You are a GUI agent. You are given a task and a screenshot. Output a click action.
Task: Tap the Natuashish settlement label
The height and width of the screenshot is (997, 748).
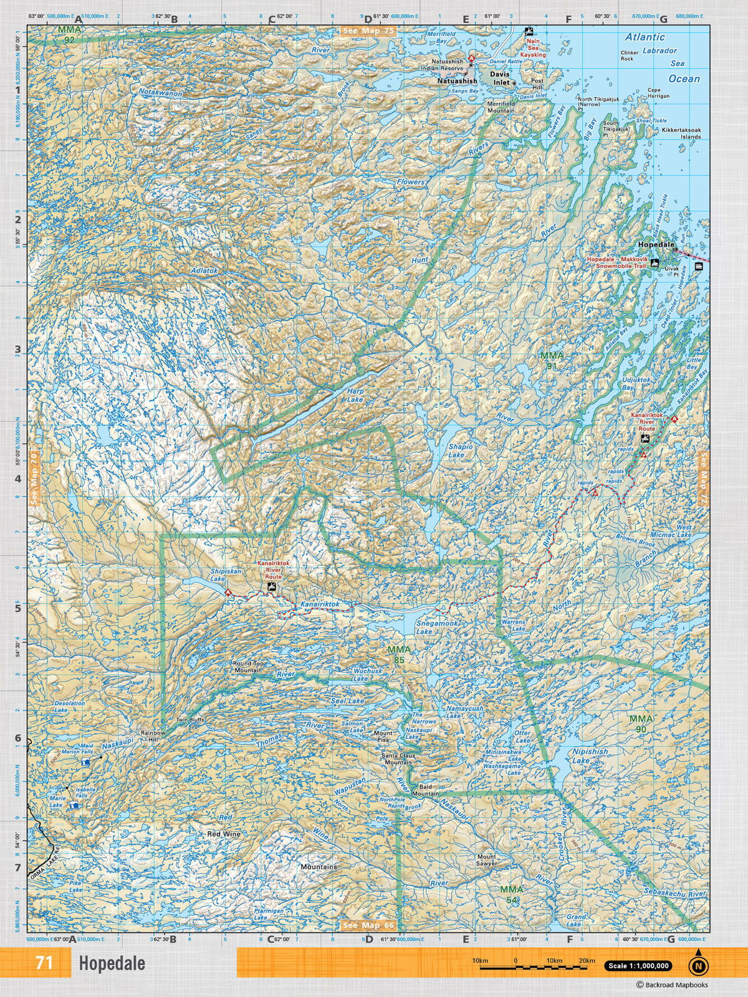click(457, 82)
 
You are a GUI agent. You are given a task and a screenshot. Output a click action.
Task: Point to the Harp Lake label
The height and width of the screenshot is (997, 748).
click(355, 395)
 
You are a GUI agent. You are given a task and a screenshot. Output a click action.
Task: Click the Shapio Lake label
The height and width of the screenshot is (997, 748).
click(461, 451)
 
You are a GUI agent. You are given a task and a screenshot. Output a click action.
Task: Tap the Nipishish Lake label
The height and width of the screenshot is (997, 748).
click(590, 756)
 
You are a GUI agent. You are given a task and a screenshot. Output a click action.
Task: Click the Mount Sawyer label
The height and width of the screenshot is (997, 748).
click(487, 861)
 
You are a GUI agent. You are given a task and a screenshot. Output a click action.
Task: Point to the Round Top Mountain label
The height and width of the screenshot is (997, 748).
click(248, 667)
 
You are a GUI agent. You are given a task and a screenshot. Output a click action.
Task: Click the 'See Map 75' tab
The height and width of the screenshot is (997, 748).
click(368, 30)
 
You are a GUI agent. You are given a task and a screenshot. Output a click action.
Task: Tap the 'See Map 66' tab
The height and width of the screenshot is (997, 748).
click(368, 925)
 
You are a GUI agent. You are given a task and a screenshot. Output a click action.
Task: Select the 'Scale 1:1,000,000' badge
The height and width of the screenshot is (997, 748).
click(638, 966)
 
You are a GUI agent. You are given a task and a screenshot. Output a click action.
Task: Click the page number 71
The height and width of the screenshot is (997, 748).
click(44, 963)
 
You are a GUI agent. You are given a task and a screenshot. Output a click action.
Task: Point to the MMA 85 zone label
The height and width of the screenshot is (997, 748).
click(399, 654)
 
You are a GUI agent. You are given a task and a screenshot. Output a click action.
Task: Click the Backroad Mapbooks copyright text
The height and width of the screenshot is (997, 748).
click(672, 985)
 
